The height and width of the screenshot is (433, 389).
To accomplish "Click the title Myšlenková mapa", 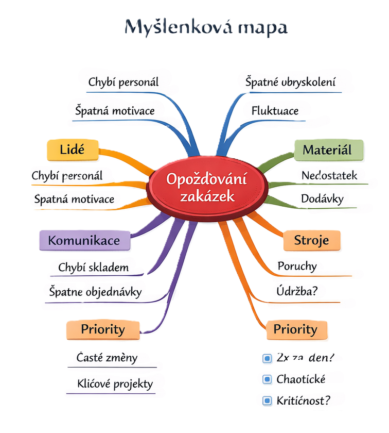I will pyautogui.click(x=206, y=27).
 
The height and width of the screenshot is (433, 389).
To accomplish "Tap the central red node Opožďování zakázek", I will pyautogui.click(x=206, y=187).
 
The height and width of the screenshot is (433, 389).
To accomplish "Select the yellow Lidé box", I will pyautogui.click(x=72, y=150).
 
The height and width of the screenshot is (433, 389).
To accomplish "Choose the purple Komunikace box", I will pyautogui.click(x=84, y=240).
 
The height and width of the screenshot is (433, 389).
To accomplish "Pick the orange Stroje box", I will pyautogui.click(x=311, y=240).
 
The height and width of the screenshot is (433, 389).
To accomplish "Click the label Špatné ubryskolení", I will pyautogui.click(x=290, y=82).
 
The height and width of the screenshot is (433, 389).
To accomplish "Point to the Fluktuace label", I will pyautogui.click(x=275, y=110).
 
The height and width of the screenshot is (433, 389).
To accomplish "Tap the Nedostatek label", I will pyautogui.click(x=329, y=175).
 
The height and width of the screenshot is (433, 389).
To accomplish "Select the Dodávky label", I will pyautogui.click(x=322, y=198).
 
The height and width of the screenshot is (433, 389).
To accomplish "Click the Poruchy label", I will pyautogui.click(x=297, y=267).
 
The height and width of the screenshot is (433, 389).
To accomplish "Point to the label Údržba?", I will pyautogui.click(x=298, y=291).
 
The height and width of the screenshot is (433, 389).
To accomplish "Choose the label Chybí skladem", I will pyautogui.click(x=94, y=267).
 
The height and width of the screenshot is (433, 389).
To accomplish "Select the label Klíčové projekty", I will pyautogui.click(x=114, y=384).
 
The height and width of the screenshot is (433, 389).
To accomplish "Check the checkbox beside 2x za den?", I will pyautogui.click(x=267, y=358).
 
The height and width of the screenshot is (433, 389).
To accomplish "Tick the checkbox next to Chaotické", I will pyautogui.click(x=267, y=379).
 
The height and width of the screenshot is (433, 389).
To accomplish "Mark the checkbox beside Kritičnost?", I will pyautogui.click(x=267, y=401).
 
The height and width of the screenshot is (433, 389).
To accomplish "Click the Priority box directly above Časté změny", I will pyautogui.click(x=103, y=329).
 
